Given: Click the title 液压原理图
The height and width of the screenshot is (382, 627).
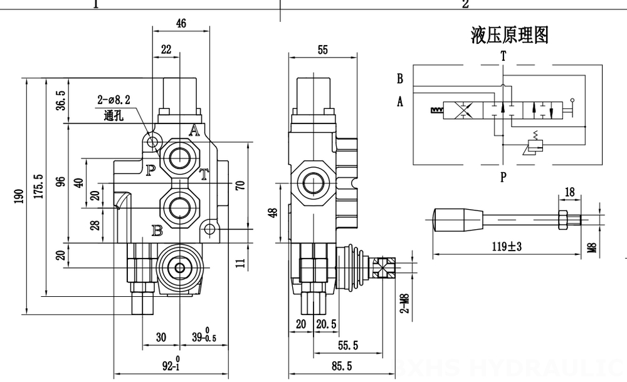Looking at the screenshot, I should click(x=509, y=36).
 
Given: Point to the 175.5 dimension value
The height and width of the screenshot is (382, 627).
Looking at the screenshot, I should click(x=38, y=187).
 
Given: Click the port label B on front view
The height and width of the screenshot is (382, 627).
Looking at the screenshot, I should click(x=157, y=230).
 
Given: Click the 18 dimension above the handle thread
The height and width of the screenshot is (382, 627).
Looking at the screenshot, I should click(x=569, y=193).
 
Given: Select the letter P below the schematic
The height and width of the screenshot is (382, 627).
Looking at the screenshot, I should click(x=503, y=177).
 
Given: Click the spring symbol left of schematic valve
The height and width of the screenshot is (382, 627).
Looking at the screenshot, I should click(x=436, y=111).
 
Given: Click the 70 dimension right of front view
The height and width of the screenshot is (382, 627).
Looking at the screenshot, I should click(x=239, y=185).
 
